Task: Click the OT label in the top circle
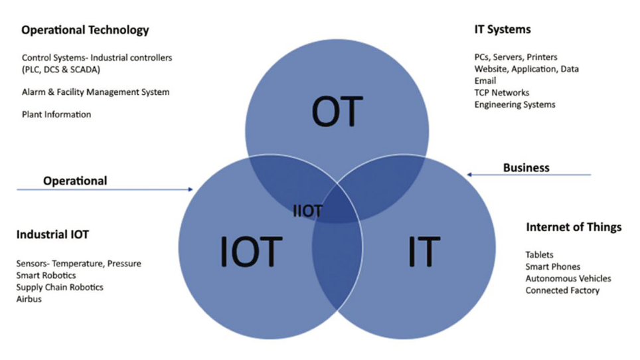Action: (337, 111)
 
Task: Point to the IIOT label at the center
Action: (307, 211)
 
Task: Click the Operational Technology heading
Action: (85, 30)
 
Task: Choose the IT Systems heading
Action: (502, 29)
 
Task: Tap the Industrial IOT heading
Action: (52, 234)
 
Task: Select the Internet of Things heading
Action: (574, 227)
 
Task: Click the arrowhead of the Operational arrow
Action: (191, 190)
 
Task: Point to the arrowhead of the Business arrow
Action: (470, 175)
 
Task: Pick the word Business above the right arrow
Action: (526, 167)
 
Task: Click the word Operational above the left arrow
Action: (75, 181)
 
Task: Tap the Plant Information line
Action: (56, 114)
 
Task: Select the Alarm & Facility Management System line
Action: (96, 92)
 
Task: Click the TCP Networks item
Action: (502, 92)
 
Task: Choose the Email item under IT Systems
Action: (485, 81)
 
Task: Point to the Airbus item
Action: (29, 300)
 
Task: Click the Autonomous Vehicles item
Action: (568, 278)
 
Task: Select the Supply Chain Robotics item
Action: (60, 288)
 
